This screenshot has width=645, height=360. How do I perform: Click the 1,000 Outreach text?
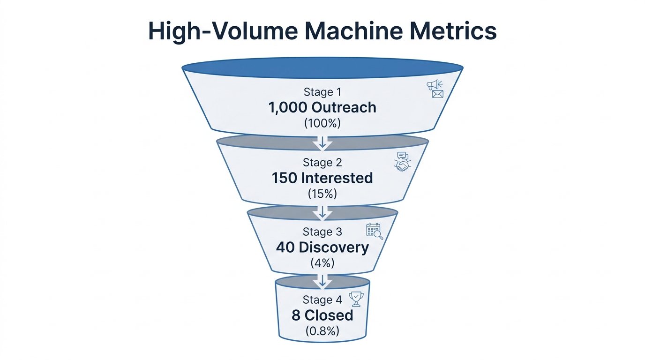point(322,107)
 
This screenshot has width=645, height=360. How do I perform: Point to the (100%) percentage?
point(322,123)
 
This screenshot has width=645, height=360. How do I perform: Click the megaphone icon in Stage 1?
point(434,85)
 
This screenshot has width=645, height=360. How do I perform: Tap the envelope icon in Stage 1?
point(437,94)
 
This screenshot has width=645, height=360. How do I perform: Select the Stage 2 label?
point(322,162)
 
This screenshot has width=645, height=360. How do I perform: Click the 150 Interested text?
point(322,178)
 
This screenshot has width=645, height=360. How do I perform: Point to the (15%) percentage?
point(322,194)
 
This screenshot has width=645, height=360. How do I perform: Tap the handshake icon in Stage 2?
point(402,165)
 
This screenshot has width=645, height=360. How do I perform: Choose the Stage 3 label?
point(322,232)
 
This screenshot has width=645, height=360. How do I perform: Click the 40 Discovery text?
point(322,247)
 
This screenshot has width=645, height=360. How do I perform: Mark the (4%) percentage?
point(322,263)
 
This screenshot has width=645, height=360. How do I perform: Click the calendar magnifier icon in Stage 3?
point(374,231)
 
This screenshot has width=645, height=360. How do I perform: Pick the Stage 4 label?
point(322,300)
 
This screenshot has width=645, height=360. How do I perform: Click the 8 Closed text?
point(322,315)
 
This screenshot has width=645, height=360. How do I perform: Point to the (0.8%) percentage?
point(322,330)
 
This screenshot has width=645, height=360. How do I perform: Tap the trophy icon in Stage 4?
point(356,299)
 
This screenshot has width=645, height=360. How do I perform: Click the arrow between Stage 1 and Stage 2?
point(322,142)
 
